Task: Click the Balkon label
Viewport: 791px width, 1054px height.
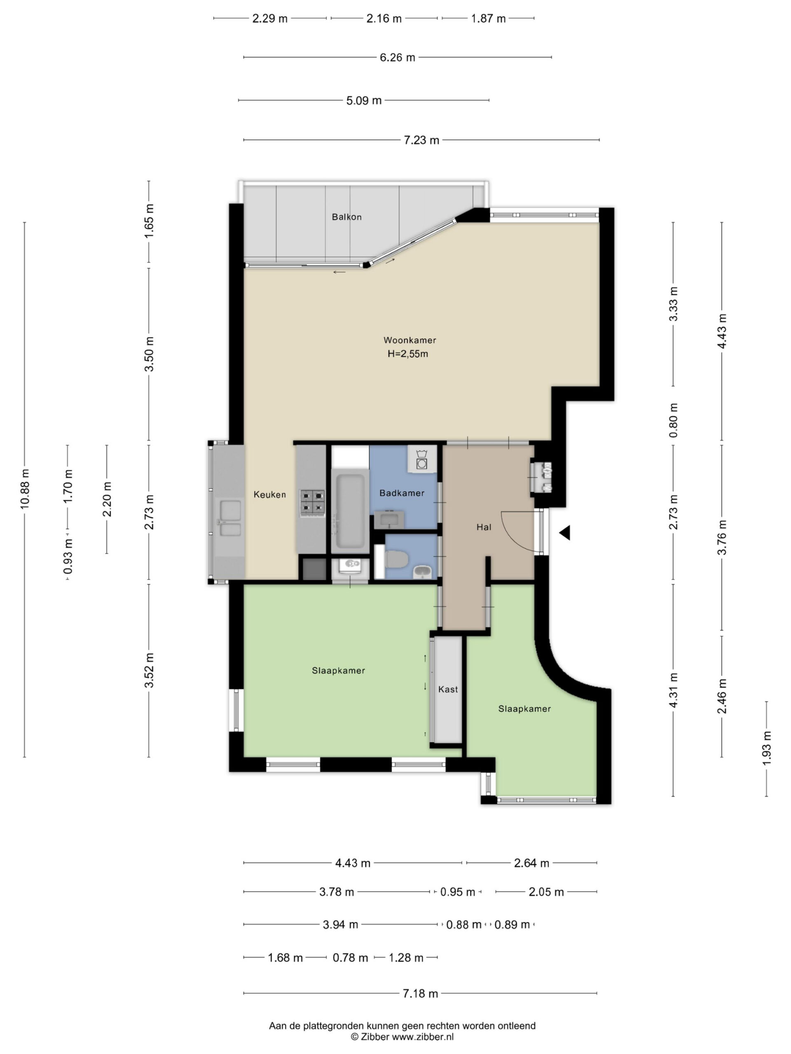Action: point(346,217)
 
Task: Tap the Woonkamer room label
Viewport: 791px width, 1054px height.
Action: point(410,340)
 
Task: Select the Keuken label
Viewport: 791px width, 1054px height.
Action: point(269,494)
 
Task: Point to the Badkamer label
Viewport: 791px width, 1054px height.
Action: point(401,493)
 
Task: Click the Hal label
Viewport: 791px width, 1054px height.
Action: point(484,527)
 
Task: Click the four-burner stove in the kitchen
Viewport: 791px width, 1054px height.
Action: point(312,503)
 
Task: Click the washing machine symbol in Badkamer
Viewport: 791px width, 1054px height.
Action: point(421,459)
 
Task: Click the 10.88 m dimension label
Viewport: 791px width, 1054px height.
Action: point(25,489)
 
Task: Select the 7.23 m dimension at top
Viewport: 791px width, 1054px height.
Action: point(421,140)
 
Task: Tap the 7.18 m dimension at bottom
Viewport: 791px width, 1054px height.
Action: point(420,993)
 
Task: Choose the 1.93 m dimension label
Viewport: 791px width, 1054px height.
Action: point(767,749)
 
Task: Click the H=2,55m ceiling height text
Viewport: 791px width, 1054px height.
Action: point(408,354)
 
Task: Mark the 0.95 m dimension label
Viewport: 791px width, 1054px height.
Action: point(457,892)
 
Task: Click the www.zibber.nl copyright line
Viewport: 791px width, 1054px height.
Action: point(402,1037)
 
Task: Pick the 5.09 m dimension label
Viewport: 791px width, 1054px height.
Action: point(364,100)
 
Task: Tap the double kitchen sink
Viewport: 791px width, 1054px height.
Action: point(229,518)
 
